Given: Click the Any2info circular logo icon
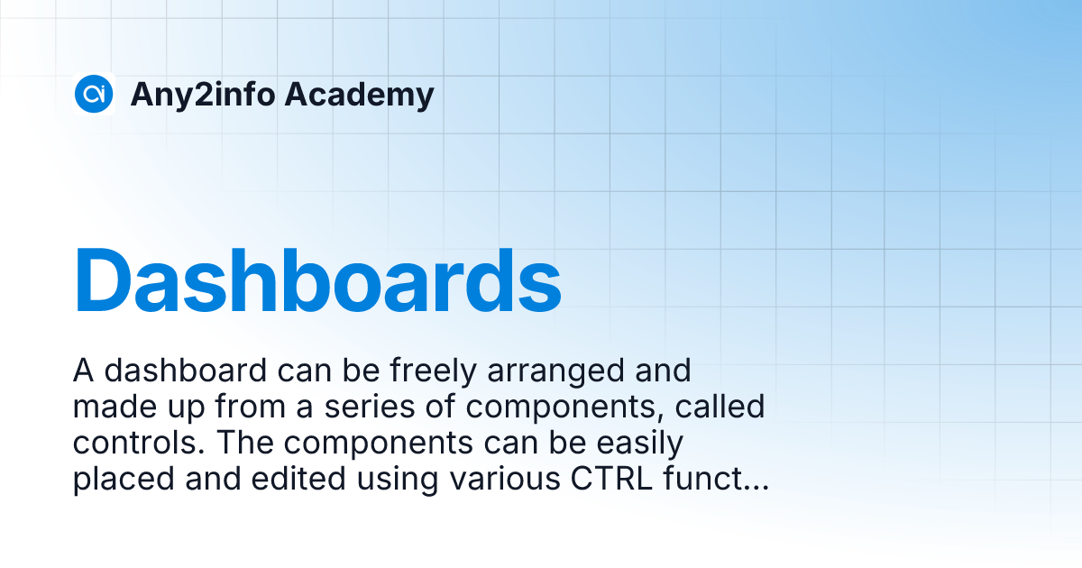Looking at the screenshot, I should tap(93, 94).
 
